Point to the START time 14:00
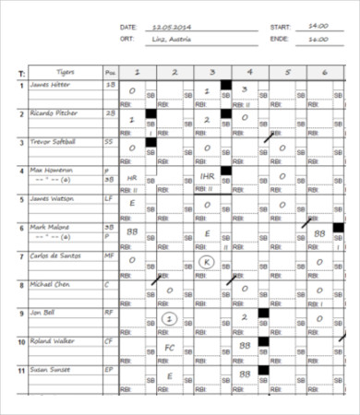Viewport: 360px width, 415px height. (x=318, y=28)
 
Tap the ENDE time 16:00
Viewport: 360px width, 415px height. (x=318, y=40)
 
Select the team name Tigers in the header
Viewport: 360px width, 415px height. (x=65, y=71)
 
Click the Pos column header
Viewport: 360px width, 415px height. (x=111, y=71)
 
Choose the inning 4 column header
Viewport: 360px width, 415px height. (x=246, y=71)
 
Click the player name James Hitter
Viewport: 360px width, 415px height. (x=51, y=85)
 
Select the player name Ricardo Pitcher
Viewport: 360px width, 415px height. (x=54, y=113)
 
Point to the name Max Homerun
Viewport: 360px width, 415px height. (x=50, y=171)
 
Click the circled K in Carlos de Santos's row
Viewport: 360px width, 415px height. (x=208, y=262)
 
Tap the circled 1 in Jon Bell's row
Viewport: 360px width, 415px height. (x=169, y=318)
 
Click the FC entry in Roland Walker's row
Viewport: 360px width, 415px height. (x=170, y=348)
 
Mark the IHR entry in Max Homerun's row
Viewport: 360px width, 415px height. (x=208, y=176)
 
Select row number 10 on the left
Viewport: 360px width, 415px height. (x=21, y=341)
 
